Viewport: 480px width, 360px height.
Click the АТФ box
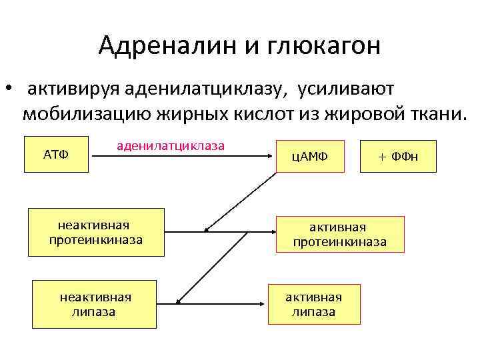pos(56,155)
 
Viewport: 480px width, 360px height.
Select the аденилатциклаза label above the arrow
pos(171,145)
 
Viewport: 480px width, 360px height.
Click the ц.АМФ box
pos(311,157)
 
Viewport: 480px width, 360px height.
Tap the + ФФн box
pos(398,157)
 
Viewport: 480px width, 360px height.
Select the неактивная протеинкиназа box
pos(96,233)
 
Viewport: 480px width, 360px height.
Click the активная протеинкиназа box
pos(339,235)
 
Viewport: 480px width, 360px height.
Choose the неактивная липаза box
pos(94,304)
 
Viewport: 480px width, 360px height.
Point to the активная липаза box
pos(313,304)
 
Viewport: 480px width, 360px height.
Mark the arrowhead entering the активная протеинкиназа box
pos(272,231)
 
